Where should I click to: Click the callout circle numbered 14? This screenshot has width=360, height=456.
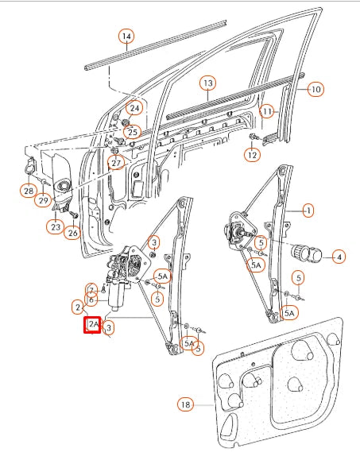point(126,36)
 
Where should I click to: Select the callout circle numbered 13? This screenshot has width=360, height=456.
point(207,83)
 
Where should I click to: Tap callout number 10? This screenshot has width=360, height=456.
point(315,90)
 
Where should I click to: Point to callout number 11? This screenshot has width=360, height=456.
point(267,110)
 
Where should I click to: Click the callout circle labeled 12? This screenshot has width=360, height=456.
point(252,155)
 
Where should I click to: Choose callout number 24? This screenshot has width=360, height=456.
point(134,108)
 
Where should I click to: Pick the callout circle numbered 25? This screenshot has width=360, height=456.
point(132,131)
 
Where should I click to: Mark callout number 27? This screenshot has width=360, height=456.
point(117,163)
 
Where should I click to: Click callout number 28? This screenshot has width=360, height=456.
point(29,190)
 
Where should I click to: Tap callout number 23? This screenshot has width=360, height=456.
point(54,226)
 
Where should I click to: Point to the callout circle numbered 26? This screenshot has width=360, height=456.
point(73,233)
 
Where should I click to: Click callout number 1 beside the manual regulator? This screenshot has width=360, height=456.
point(308,211)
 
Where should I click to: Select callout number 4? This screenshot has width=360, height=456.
point(338,257)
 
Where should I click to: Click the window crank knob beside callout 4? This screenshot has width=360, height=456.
point(305,253)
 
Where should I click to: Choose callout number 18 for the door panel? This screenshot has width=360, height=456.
point(185,405)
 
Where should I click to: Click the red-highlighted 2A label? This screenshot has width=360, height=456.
point(92,325)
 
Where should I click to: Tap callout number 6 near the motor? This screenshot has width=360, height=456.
point(92,299)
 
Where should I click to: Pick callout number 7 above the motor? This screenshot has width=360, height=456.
point(92,289)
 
